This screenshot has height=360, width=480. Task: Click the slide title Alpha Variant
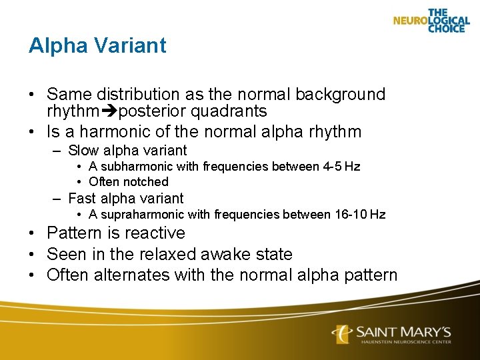coord(97,45)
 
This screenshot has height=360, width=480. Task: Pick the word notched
coord(149,181)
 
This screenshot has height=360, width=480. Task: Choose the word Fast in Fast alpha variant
coord(83,198)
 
